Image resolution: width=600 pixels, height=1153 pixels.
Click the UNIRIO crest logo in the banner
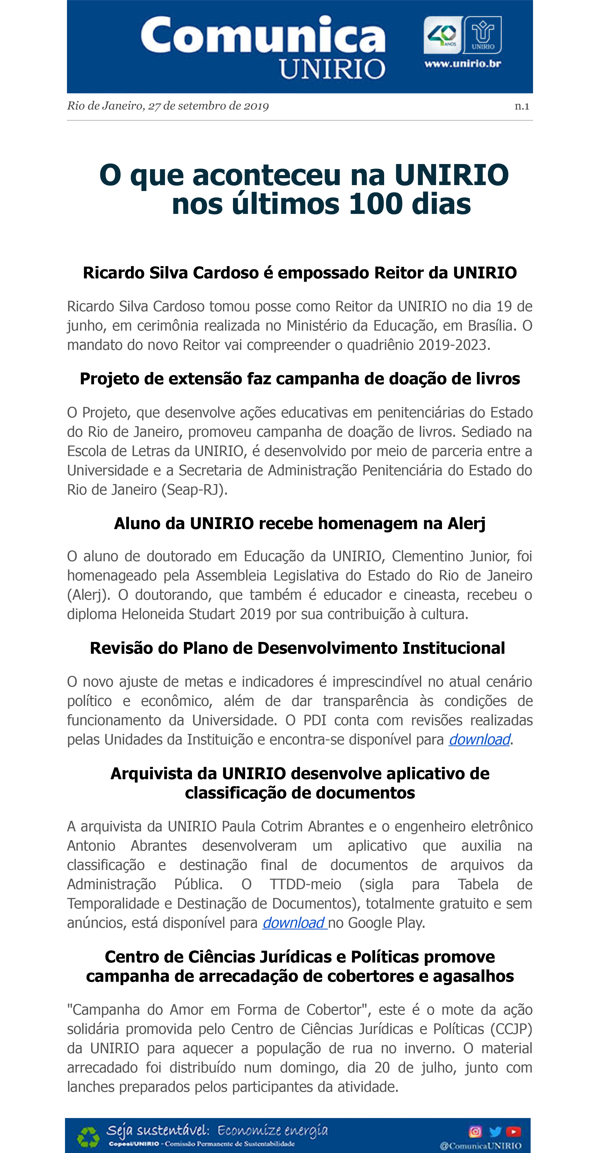[x=483, y=34]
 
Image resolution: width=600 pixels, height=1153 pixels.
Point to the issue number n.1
[x=522, y=106]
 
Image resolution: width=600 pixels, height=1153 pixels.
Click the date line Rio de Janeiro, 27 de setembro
[x=168, y=106]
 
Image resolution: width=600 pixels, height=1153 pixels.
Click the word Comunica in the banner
[x=263, y=36]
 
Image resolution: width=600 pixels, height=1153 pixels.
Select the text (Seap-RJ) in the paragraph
[x=194, y=490]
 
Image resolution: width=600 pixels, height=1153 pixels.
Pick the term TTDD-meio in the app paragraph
[x=306, y=884]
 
